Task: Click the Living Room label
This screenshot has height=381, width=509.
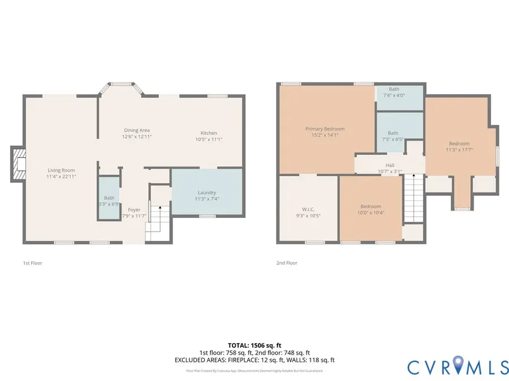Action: pyautogui.click(x=61, y=170)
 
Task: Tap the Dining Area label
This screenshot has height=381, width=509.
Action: pyautogui.click(x=137, y=130)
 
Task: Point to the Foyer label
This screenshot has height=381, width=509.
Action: pyautogui.click(x=133, y=209)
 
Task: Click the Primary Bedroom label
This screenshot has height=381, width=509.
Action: pyautogui.click(x=325, y=129)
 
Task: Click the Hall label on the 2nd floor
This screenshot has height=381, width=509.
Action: pyautogui.click(x=389, y=164)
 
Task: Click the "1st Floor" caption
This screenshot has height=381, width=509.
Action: pyautogui.click(x=32, y=263)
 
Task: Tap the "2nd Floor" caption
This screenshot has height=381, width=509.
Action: pyautogui.click(x=287, y=263)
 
